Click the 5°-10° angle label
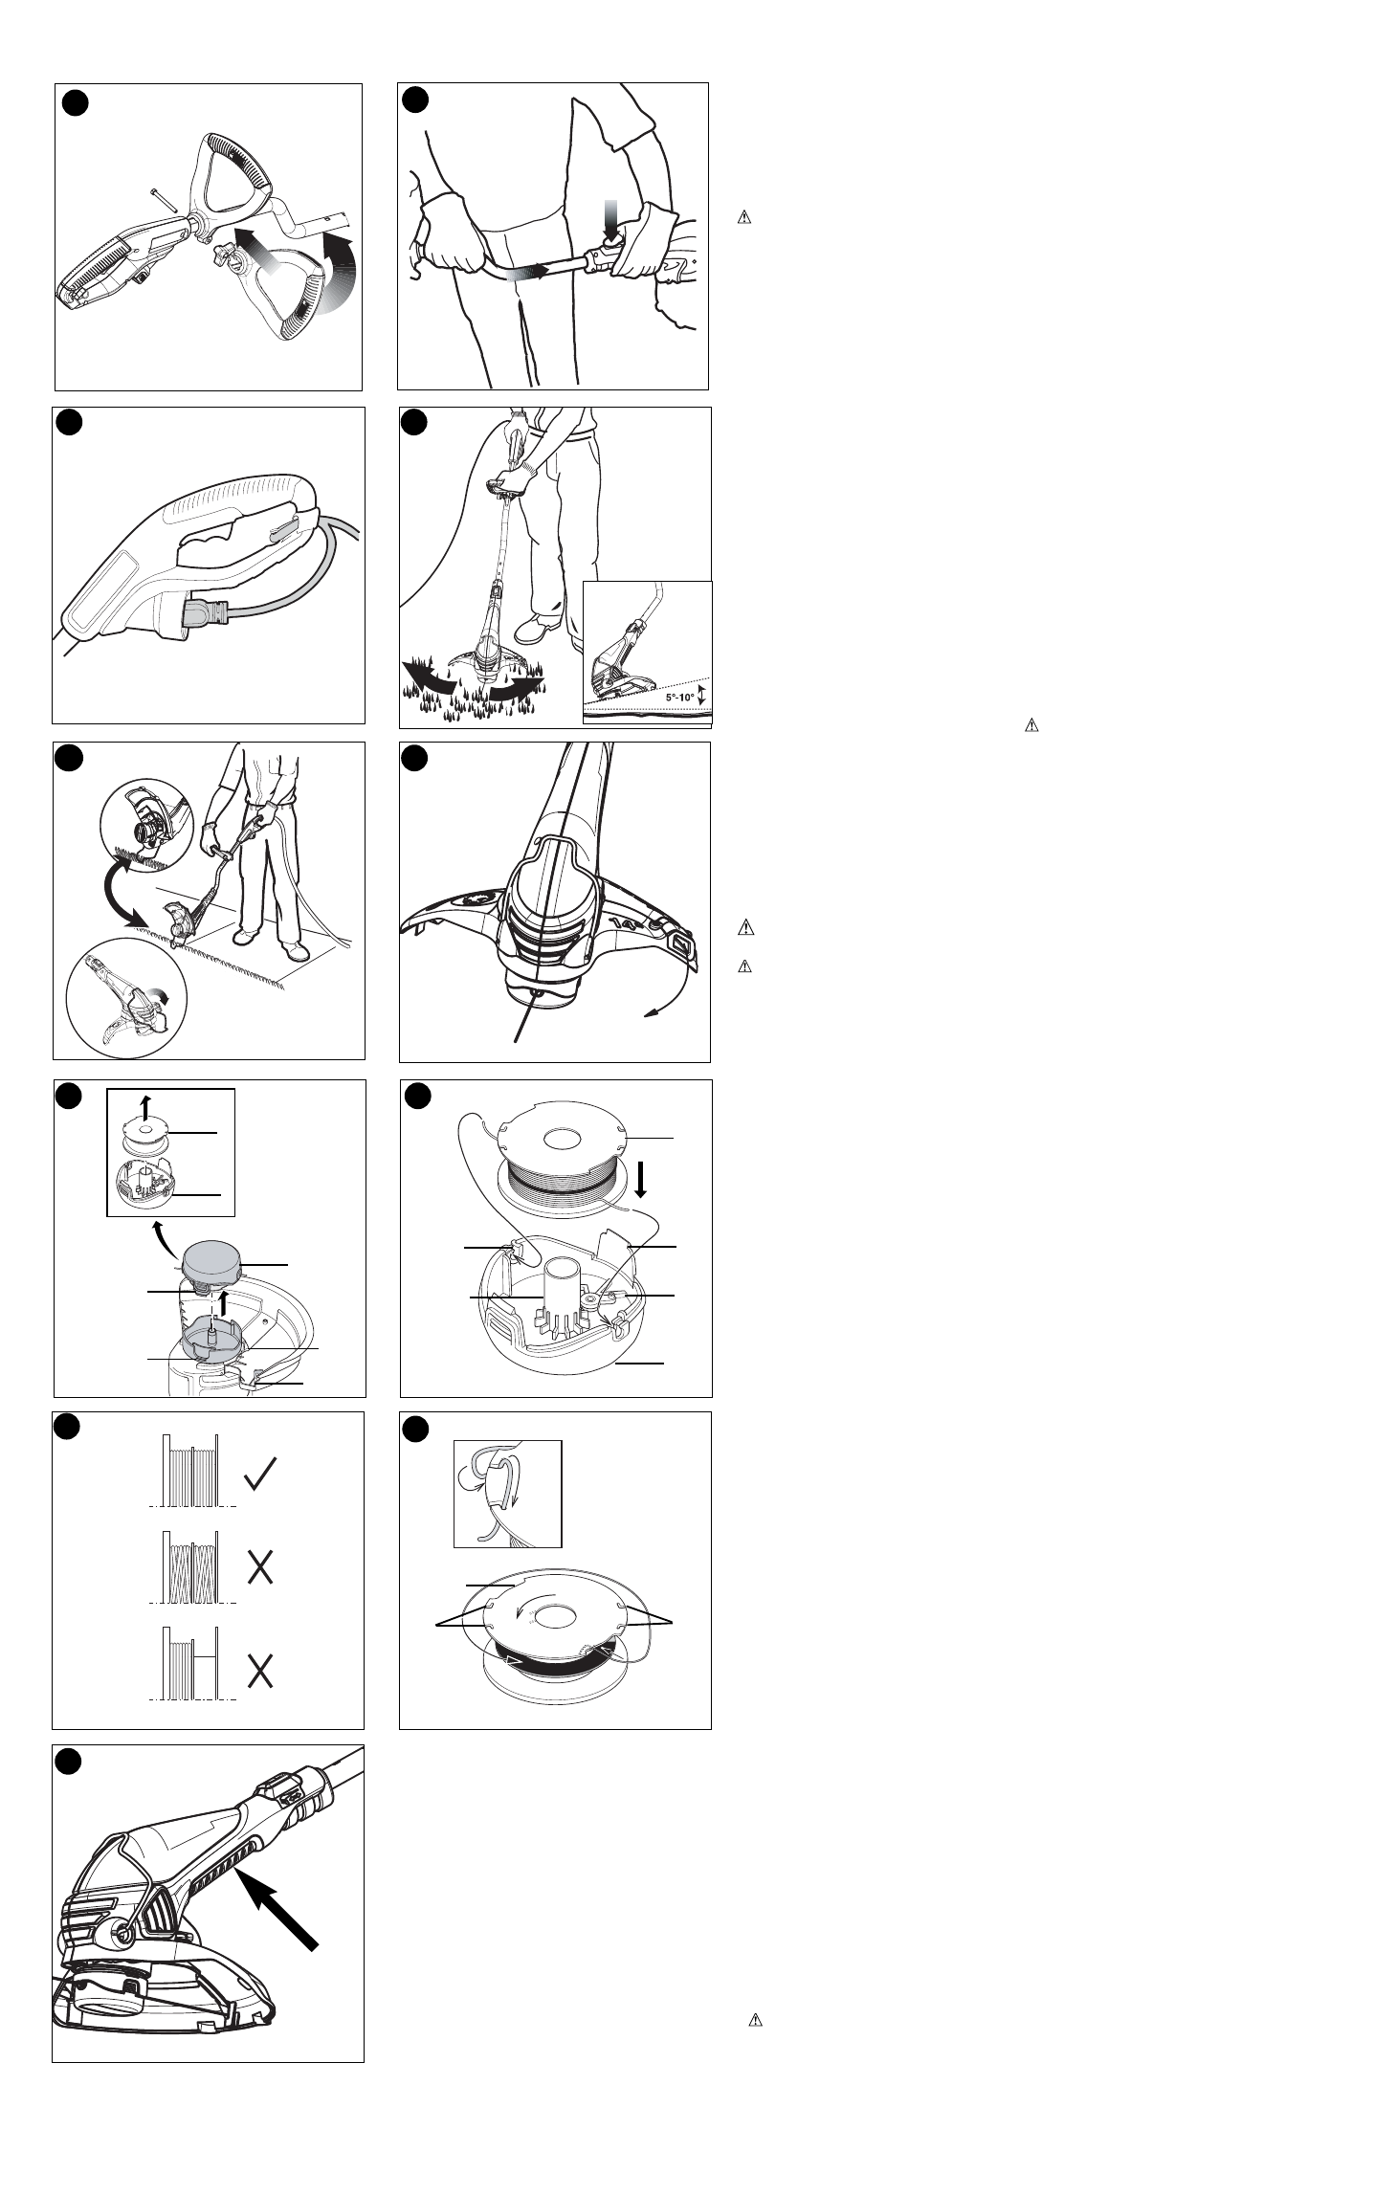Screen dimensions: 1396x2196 [679, 698]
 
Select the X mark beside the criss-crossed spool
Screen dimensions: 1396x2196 [261, 1567]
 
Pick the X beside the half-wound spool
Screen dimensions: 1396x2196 [261, 1672]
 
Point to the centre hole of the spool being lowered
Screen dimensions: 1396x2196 [562, 1140]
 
